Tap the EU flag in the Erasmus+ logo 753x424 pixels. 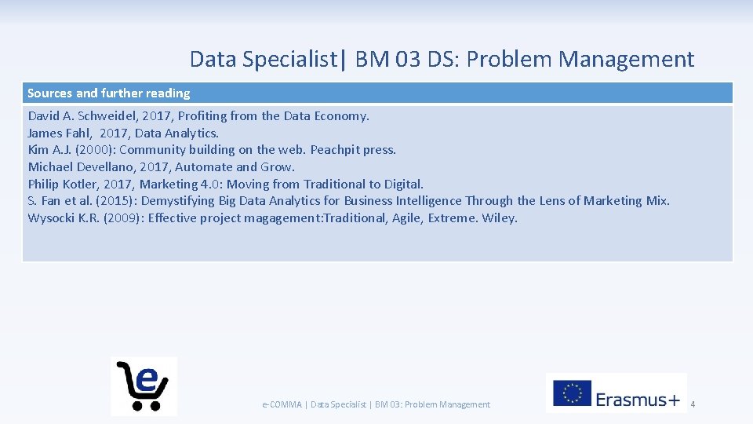pyautogui.click(x=573, y=393)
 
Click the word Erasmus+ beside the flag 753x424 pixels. pyautogui.click(x=638, y=400)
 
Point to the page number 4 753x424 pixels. pyautogui.click(x=693, y=404)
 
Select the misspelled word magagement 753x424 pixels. pyautogui.click(x=289, y=218)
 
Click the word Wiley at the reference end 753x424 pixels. pyautogui.click(x=499, y=218)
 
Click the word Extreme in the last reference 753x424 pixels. pyautogui.click(x=451, y=218)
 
